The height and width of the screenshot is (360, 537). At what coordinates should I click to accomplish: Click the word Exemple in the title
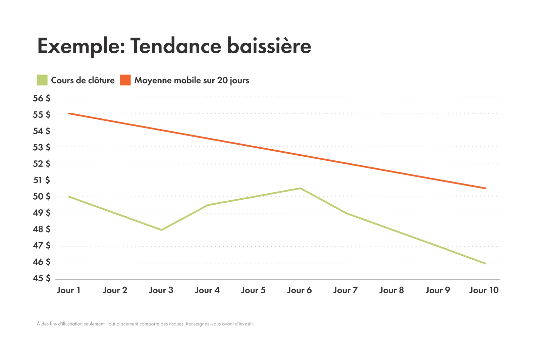click(81, 46)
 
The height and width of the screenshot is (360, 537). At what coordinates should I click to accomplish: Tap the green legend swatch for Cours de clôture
click(42, 80)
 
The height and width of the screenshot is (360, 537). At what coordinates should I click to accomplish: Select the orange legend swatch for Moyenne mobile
click(125, 80)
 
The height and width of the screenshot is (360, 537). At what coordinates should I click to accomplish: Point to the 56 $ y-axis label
click(42, 98)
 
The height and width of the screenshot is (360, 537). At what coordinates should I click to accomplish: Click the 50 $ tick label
click(42, 196)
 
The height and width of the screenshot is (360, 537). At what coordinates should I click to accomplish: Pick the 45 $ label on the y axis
click(42, 278)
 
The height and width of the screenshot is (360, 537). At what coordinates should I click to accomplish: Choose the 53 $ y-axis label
click(42, 147)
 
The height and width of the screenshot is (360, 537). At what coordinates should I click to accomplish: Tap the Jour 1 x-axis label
click(68, 290)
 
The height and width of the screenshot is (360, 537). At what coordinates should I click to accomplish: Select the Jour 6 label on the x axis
click(299, 290)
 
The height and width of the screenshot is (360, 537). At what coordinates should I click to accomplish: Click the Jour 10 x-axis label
click(484, 290)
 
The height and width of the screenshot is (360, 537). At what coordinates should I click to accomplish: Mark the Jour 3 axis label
click(161, 290)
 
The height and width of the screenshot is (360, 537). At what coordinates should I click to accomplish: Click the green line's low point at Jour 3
click(161, 230)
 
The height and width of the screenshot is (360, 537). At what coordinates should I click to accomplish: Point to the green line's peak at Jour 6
click(300, 188)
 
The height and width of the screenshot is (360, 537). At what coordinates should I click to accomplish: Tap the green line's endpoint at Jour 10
click(485, 263)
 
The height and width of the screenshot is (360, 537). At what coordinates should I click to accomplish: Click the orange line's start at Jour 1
click(69, 113)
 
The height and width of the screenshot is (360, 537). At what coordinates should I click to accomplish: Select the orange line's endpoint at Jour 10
click(485, 188)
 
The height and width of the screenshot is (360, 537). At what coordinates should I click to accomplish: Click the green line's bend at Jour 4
click(208, 205)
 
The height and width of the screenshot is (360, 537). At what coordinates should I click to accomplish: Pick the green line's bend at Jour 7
click(346, 213)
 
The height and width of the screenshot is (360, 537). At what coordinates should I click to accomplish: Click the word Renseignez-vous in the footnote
click(201, 324)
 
